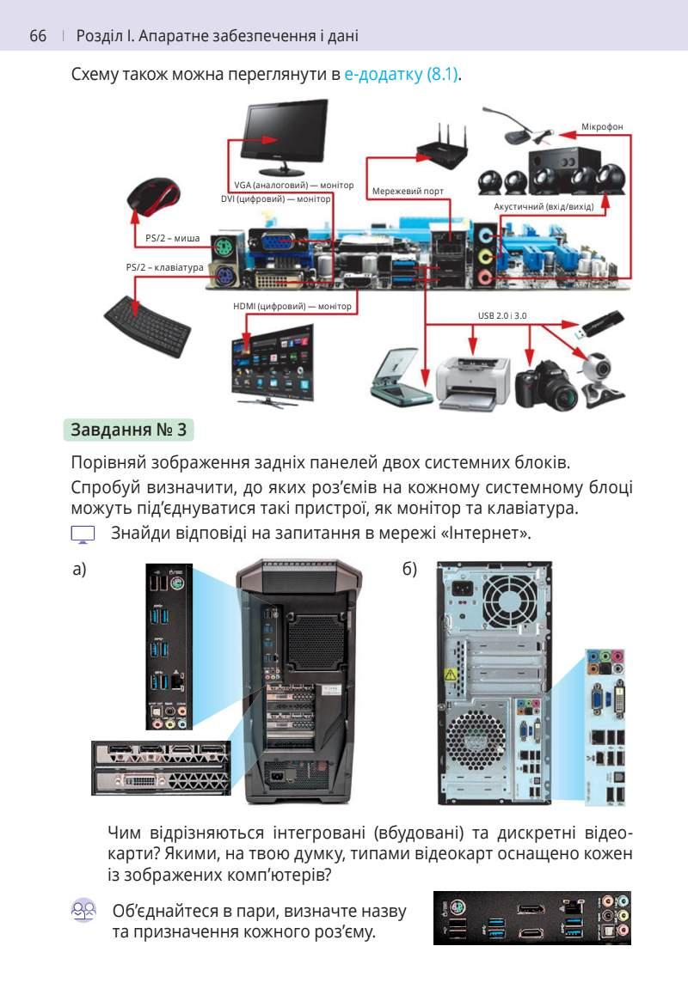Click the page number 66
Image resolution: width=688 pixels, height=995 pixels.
[x=37, y=36]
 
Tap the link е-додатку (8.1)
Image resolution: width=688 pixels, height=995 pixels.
[x=402, y=75]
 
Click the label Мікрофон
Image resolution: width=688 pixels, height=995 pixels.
[x=601, y=127]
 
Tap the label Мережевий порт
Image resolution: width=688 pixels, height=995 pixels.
[x=408, y=190]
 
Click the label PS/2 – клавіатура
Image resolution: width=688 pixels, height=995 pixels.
[x=164, y=267]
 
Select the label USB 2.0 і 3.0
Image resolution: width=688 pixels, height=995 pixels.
[x=502, y=316]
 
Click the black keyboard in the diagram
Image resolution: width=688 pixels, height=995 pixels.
[x=149, y=326]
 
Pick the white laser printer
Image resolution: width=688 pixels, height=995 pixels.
[x=471, y=378]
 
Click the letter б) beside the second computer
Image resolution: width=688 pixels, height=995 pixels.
[x=409, y=570]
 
